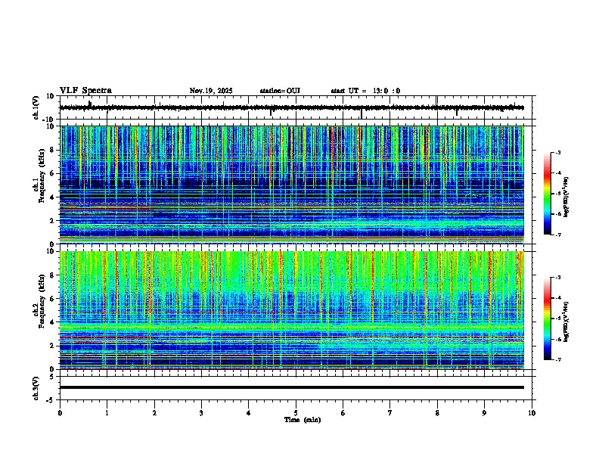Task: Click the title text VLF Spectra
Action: tap(85, 91)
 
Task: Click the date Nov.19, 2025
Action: tap(210, 91)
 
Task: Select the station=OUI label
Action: tap(280, 91)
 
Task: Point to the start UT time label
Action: tap(365, 91)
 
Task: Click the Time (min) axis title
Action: tap(296, 419)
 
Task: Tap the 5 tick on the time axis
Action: tap(296, 412)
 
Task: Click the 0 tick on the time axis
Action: tap(60, 412)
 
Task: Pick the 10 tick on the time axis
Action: tap(532, 412)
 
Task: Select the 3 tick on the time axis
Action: tap(201, 412)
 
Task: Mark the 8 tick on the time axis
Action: tap(437, 412)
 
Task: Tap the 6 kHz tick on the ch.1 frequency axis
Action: tap(54, 174)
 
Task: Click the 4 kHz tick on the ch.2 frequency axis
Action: tap(54, 322)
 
